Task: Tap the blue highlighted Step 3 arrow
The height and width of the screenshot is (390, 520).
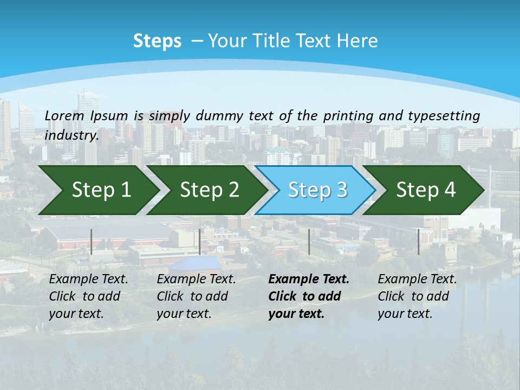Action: point(317,190)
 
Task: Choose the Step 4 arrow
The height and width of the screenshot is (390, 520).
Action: point(425,190)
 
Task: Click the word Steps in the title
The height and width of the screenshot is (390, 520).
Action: point(157,41)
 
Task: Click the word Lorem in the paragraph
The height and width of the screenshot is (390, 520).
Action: point(64,115)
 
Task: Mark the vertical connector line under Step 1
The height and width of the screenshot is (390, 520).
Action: point(92,242)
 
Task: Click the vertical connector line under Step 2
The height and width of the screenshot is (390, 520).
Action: point(200,242)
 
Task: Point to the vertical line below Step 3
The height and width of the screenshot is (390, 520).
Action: point(309,242)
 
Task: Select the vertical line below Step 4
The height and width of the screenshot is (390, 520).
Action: point(418,242)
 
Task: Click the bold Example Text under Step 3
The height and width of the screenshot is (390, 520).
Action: point(309,279)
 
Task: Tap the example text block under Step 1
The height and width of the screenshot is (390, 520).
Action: point(88,296)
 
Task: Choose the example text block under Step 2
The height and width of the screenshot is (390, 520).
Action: point(196,296)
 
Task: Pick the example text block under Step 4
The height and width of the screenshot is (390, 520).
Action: point(417,296)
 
